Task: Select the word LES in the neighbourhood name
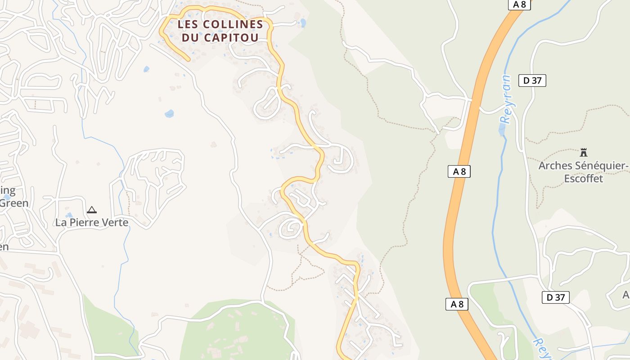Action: tap(187, 24)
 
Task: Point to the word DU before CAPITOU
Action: tap(190, 37)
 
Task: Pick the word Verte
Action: tap(116, 222)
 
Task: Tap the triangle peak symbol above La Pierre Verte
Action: tap(92, 209)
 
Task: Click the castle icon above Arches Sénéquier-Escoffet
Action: tap(584, 152)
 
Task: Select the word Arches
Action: tap(555, 166)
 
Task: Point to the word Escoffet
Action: tap(584, 178)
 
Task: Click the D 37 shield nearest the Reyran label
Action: tap(532, 81)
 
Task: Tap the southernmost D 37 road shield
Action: tap(555, 297)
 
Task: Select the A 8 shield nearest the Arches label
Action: tap(459, 171)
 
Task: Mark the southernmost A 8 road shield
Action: tap(457, 304)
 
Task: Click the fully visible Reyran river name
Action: tap(507, 99)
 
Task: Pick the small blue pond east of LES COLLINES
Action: tap(303, 22)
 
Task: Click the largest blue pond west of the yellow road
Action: tap(169, 113)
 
